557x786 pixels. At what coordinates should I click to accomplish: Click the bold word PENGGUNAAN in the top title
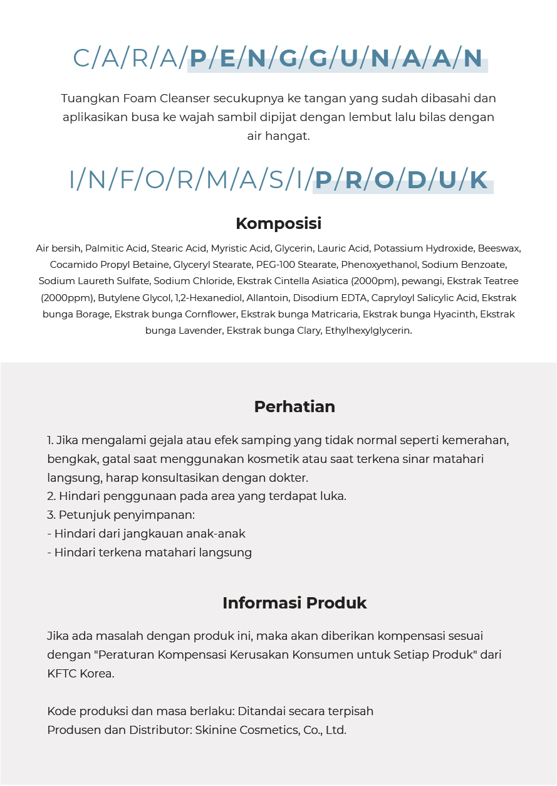click(x=336, y=58)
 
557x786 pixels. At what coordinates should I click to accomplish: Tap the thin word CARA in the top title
click(x=125, y=58)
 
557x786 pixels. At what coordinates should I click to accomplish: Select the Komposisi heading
click(x=278, y=223)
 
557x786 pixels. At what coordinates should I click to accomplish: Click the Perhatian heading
click(x=294, y=406)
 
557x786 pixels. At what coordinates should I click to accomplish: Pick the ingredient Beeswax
click(x=499, y=248)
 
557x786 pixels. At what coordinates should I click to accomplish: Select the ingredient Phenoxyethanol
click(x=383, y=265)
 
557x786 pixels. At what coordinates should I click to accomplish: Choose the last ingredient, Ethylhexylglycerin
click(x=368, y=330)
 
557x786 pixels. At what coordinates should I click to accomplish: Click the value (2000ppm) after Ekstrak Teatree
click(x=67, y=297)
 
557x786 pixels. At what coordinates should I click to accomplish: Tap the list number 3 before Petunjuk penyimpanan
click(x=50, y=515)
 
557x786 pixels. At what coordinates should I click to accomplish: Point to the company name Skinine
click(x=217, y=730)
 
